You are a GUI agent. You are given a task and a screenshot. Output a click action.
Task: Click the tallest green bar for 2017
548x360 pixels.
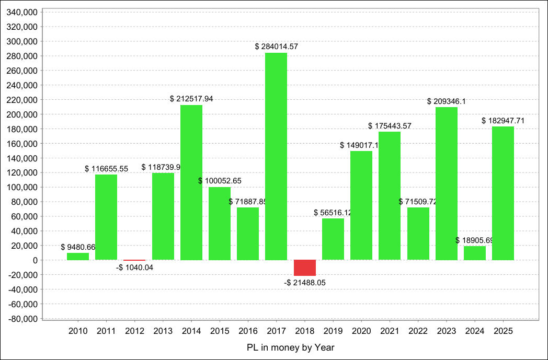tap(276, 156)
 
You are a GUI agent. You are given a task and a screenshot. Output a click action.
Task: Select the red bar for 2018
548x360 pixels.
tap(304, 268)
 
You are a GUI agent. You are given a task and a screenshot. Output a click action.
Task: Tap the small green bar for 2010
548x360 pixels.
tap(78, 257)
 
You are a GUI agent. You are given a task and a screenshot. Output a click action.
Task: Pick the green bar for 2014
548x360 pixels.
tap(191, 182)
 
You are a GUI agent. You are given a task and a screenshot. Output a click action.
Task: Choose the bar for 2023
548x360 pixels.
tap(447, 183)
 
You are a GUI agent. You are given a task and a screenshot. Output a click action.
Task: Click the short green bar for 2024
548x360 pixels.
tap(475, 253)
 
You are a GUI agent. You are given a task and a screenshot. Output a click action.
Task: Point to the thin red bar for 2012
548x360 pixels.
tap(134, 260)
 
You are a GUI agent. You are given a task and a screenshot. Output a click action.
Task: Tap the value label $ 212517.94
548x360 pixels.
tap(191, 99)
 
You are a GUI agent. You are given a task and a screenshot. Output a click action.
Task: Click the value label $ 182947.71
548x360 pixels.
tap(503, 121)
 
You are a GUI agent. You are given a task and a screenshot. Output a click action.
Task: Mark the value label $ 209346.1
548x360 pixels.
tap(447, 101)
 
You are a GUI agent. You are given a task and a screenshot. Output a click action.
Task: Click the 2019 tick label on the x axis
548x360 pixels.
tap(333, 331)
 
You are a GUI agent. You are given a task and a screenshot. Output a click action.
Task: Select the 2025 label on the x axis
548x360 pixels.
tap(503, 331)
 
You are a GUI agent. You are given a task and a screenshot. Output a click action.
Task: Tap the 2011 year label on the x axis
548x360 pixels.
tap(106, 331)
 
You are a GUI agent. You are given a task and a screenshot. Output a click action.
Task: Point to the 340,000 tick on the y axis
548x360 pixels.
tap(21, 12)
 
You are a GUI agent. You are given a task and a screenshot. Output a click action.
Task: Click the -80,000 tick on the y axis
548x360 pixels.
tap(21, 319)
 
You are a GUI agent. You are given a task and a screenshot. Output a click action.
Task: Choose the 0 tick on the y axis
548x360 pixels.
tap(35, 260)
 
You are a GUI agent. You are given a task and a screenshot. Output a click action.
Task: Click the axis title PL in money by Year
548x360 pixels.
tap(290, 347)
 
